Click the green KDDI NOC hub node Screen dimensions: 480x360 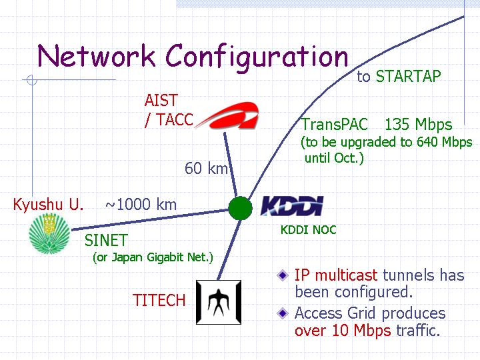(x=240, y=208)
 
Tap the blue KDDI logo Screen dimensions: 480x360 (x=292, y=206)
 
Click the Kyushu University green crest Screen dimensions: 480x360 (x=49, y=233)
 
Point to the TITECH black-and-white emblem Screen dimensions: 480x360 (x=219, y=302)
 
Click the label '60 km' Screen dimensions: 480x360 (x=206, y=169)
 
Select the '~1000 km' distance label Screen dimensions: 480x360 (x=141, y=205)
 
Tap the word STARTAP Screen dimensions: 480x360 (x=409, y=76)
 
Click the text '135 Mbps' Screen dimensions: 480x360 (x=418, y=125)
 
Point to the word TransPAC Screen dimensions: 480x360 (x=335, y=125)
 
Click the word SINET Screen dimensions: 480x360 (x=106, y=240)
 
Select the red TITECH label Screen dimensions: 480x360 (x=159, y=300)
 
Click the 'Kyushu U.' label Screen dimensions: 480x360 (x=48, y=205)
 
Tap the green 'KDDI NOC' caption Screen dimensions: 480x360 (x=308, y=230)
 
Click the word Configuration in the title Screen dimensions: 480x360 (x=257, y=57)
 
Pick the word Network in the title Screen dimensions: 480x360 (x=96, y=56)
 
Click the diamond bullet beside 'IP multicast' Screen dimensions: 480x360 (x=283, y=275)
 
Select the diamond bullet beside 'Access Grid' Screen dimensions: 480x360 (x=283, y=313)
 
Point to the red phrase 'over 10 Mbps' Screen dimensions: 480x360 (x=343, y=331)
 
